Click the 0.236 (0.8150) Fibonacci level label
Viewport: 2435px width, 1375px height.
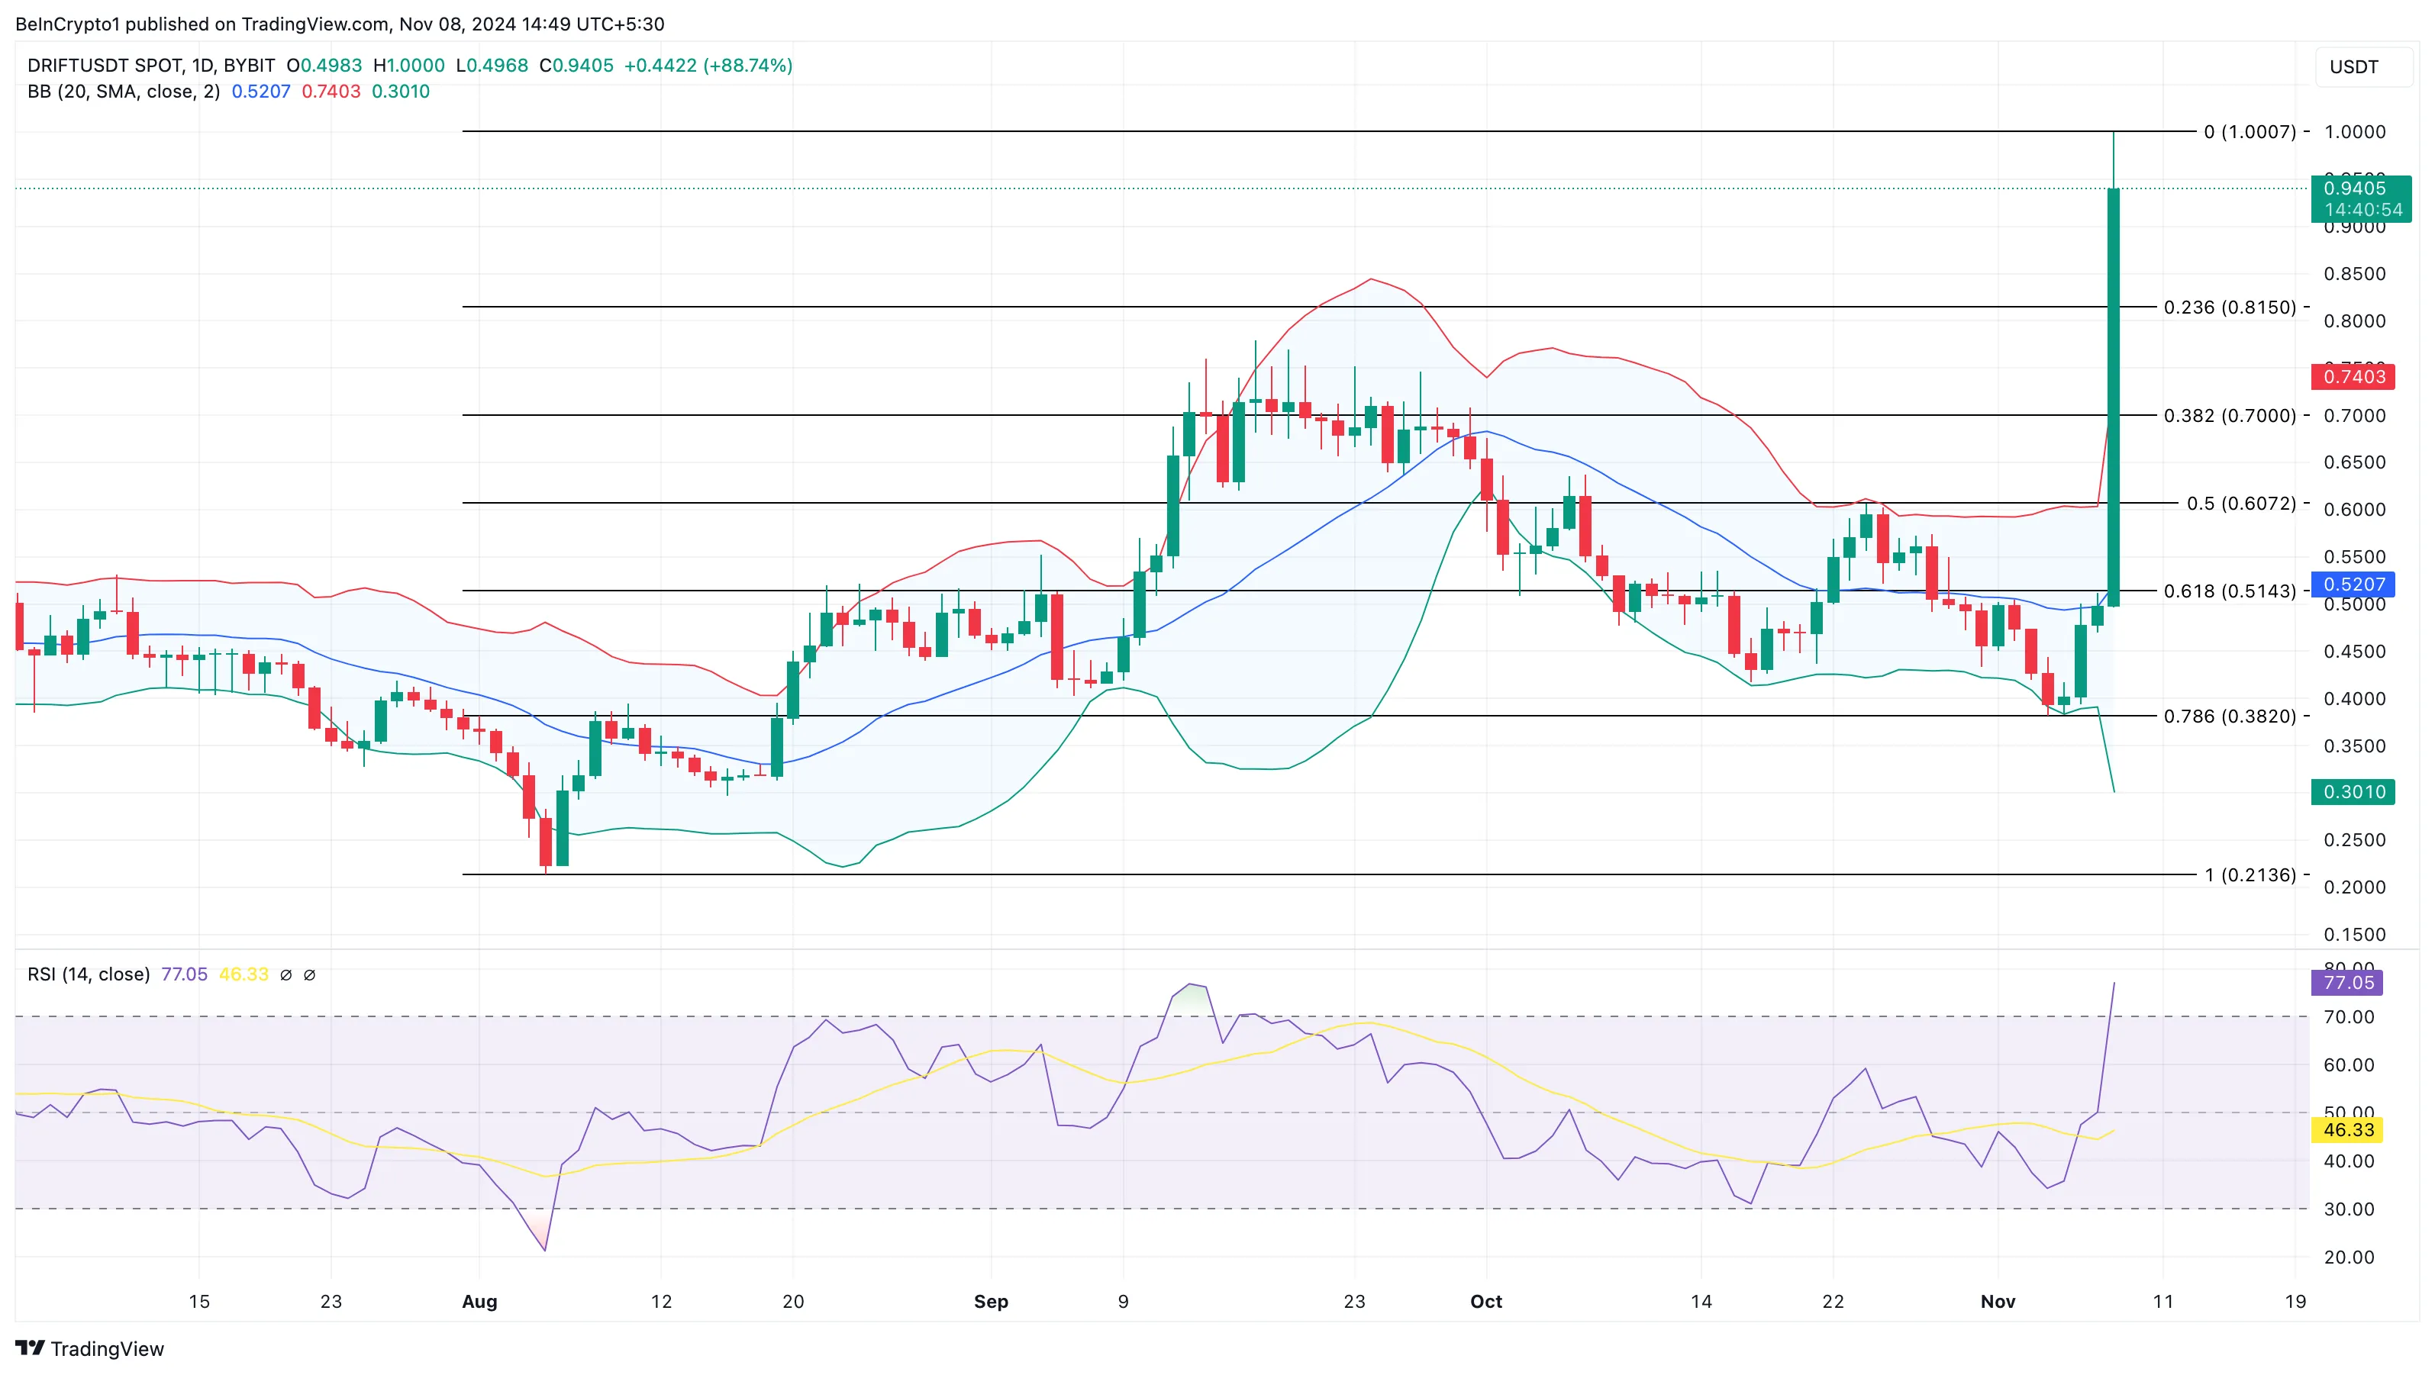coord(2229,308)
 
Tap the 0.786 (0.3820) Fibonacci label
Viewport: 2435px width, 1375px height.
coord(2229,716)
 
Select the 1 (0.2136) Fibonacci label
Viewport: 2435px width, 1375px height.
coord(2250,875)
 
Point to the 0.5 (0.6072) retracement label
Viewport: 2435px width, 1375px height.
coord(2240,504)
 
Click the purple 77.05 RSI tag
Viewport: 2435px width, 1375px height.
coord(2348,983)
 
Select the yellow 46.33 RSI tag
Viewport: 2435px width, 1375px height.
coord(2348,1130)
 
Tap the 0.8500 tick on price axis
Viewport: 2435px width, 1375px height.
coord(2354,274)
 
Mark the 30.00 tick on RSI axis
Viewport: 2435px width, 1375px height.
coord(2348,1209)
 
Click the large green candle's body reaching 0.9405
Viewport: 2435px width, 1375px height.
coord(2114,397)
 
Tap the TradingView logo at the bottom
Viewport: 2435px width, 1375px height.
coord(90,1348)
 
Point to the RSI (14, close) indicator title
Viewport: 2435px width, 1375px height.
coord(89,974)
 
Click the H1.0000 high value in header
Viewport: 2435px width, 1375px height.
coord(408,65)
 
